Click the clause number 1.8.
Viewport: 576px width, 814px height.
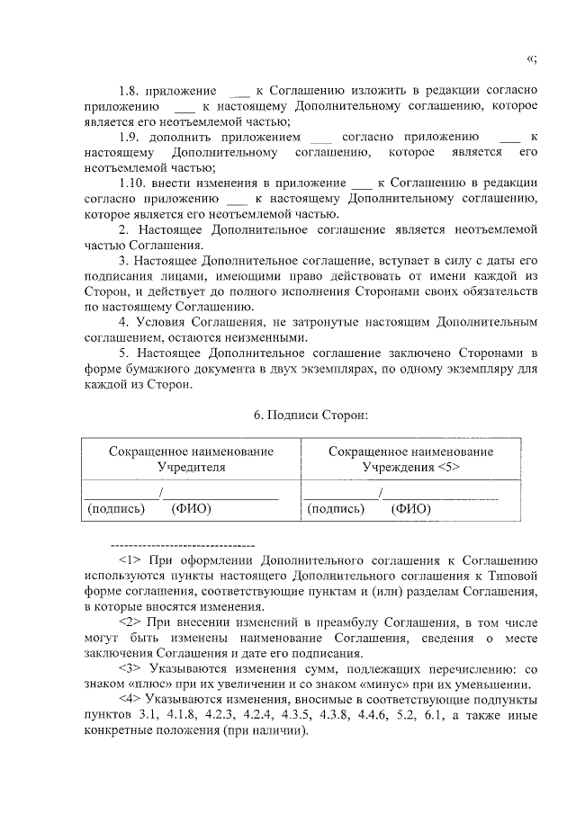(x=130, y=91)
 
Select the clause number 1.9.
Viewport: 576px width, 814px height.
(x=130, y=137)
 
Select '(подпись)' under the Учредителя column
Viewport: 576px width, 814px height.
(x=115, y=508)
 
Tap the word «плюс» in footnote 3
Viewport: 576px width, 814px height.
(x=145, y=684)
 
